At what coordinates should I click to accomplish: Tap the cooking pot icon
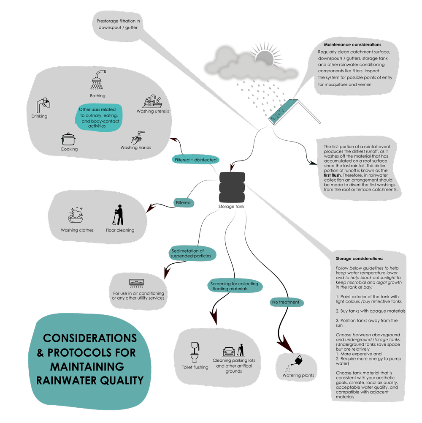pos(68,139)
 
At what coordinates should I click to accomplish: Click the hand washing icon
pos(137,137)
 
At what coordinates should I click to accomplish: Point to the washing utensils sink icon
pos(152,101)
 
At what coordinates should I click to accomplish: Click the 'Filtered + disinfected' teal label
pos(196,160)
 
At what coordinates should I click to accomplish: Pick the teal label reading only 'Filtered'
pos(183,203)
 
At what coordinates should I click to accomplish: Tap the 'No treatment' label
pos(286,302)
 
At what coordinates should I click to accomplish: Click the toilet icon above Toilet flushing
pos(195,352)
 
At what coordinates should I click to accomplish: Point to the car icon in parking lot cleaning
pos(229,351)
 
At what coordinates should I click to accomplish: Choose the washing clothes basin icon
pos(76,216)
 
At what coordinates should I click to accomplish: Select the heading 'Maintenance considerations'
pos(352,44)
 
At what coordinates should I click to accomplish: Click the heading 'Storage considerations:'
pos(359,258)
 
